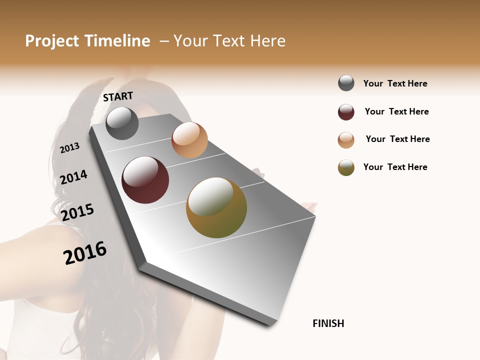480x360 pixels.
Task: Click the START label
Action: pos(118,96)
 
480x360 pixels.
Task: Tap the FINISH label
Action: pos(328,323)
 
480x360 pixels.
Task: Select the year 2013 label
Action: pos(70,147)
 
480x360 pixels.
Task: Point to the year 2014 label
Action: pos(74,177)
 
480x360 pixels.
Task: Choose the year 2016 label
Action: pos(85,252)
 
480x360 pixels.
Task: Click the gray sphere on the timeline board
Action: pos(122,123)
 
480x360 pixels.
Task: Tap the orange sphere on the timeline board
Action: pos(189,140)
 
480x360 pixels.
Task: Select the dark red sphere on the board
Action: pos(145,180)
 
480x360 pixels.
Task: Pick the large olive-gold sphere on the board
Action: pos(216,207)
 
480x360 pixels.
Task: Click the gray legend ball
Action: pos(346,83)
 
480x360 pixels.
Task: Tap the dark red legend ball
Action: pos(346,112)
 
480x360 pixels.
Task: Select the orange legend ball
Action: pos(346,140)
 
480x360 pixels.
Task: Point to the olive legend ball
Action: pos(346,168)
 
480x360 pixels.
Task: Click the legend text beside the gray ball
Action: pos(395,83)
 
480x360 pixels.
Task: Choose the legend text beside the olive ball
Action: pos(395,167)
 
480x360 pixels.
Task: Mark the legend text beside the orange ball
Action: pos(397,139)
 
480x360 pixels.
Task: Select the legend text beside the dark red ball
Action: pos(396,111)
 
